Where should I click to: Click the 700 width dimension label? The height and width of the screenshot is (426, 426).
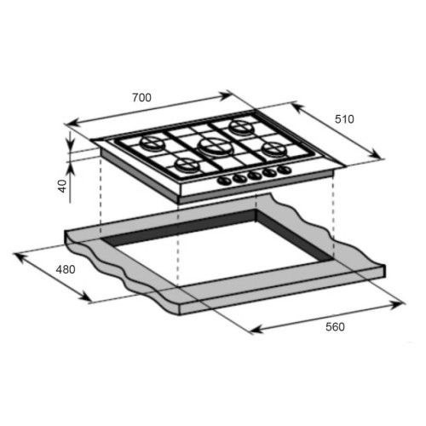point(141,97)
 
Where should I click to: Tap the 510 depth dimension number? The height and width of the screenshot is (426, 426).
point(344,119)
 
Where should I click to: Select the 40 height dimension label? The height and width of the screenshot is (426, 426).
point(62,186)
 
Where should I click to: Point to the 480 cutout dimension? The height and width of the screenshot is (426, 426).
point(66,269)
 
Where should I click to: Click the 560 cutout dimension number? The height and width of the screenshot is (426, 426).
point(335,327)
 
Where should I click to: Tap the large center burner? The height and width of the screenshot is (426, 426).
point(216,147)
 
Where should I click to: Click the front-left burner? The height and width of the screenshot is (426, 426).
point(187,164)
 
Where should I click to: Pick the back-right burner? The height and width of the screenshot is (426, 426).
point(241,126)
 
